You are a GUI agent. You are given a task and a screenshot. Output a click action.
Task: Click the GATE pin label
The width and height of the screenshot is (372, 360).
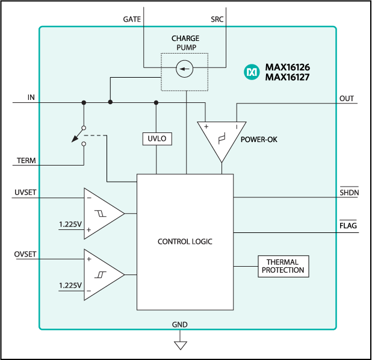pos(132,19)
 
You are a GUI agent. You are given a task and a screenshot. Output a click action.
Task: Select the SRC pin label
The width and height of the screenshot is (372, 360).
pos(217,19)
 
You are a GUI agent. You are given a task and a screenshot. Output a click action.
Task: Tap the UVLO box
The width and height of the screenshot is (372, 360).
pos(157,139)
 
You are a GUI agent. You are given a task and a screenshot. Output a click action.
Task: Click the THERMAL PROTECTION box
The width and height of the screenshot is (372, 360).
pos(283,266)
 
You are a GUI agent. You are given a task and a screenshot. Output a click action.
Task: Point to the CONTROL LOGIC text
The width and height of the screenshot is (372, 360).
pos(185,241)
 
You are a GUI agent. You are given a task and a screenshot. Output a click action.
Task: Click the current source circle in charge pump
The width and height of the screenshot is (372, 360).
pos(184,70)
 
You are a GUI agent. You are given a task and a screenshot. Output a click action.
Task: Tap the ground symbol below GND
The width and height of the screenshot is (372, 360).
pos(180,345)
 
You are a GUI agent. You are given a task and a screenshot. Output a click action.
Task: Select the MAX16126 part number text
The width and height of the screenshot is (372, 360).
pos(287,67)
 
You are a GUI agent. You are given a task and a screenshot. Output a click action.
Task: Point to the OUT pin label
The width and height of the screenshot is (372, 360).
pos(347,98)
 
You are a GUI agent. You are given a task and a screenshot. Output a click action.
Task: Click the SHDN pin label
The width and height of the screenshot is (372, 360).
pos(349,192)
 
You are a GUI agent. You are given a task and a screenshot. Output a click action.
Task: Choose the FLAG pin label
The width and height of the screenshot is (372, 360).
pos(349,226)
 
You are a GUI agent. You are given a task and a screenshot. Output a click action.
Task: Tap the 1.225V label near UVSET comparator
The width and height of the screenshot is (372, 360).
pos(70,224)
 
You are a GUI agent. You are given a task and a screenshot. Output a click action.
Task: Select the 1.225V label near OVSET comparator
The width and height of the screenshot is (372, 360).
pos(70,285)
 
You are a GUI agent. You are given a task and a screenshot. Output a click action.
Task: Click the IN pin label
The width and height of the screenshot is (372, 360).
pos(31,98)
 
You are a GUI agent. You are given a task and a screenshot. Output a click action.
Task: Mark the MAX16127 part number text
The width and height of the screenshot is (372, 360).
pos(287,77)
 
